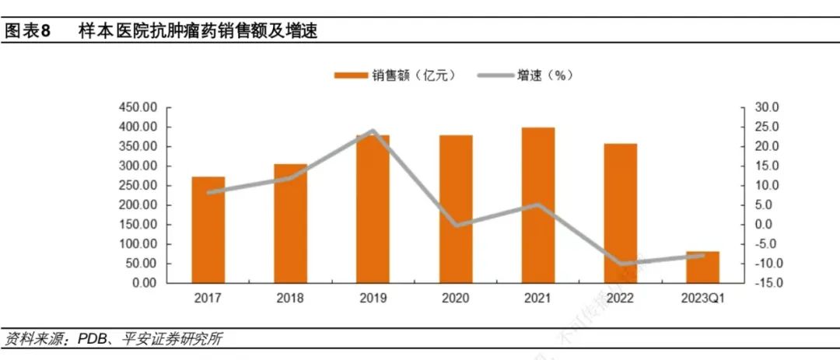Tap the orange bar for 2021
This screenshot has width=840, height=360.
pyautogui.click(x=537, y=205)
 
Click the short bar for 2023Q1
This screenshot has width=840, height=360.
pyautogui.click(x=702, y=267)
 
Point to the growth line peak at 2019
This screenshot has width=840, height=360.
pyautogui.click(x=373, y=131)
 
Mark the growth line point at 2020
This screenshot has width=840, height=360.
pyautogui.click(x=456, y=225)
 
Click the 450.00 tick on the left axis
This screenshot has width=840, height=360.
pyautogui.click(x=139, y=107)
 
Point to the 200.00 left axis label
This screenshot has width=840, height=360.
pyautogui.click(x=139, y=205)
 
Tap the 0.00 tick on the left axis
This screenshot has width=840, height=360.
pyautogui.click(x=145, y=283)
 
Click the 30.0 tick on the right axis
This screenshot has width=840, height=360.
pyautogui.click(x=758, y=107)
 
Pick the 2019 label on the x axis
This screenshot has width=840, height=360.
pyautogui.click(x=373, y=299)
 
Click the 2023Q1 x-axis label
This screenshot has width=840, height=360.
pyautogui.click(x=702, y=299)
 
